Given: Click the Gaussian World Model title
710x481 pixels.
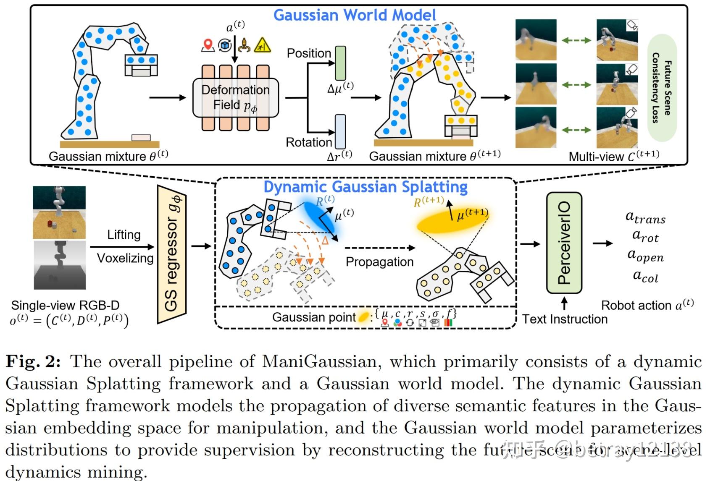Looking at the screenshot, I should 355,15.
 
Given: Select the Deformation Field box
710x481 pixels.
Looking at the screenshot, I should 235,97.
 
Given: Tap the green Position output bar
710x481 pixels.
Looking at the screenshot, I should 340,63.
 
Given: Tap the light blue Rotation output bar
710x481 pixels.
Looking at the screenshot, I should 340,132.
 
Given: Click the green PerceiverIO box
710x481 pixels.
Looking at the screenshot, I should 564,243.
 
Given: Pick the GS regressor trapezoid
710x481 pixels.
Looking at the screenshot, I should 171,254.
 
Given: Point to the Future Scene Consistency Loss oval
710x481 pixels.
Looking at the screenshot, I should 661,88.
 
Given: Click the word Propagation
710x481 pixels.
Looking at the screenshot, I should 379,262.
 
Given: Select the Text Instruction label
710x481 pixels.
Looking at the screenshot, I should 565,319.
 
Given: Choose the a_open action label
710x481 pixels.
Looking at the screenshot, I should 645,255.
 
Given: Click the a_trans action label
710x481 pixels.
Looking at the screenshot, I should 645,217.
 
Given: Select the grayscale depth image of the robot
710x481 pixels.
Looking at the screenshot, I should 60,264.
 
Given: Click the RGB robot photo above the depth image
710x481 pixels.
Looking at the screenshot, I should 59,212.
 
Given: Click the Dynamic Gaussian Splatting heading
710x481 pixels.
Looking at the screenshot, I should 365,187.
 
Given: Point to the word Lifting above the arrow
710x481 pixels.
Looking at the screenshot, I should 124,234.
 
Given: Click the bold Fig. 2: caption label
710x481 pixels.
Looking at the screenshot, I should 33,361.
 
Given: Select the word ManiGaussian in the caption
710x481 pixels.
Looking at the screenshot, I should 321,361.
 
